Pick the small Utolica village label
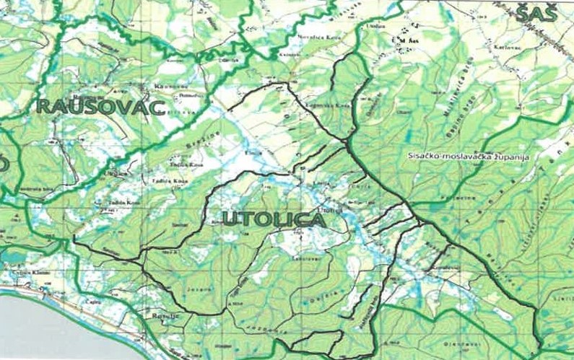(x=331, y=210)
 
